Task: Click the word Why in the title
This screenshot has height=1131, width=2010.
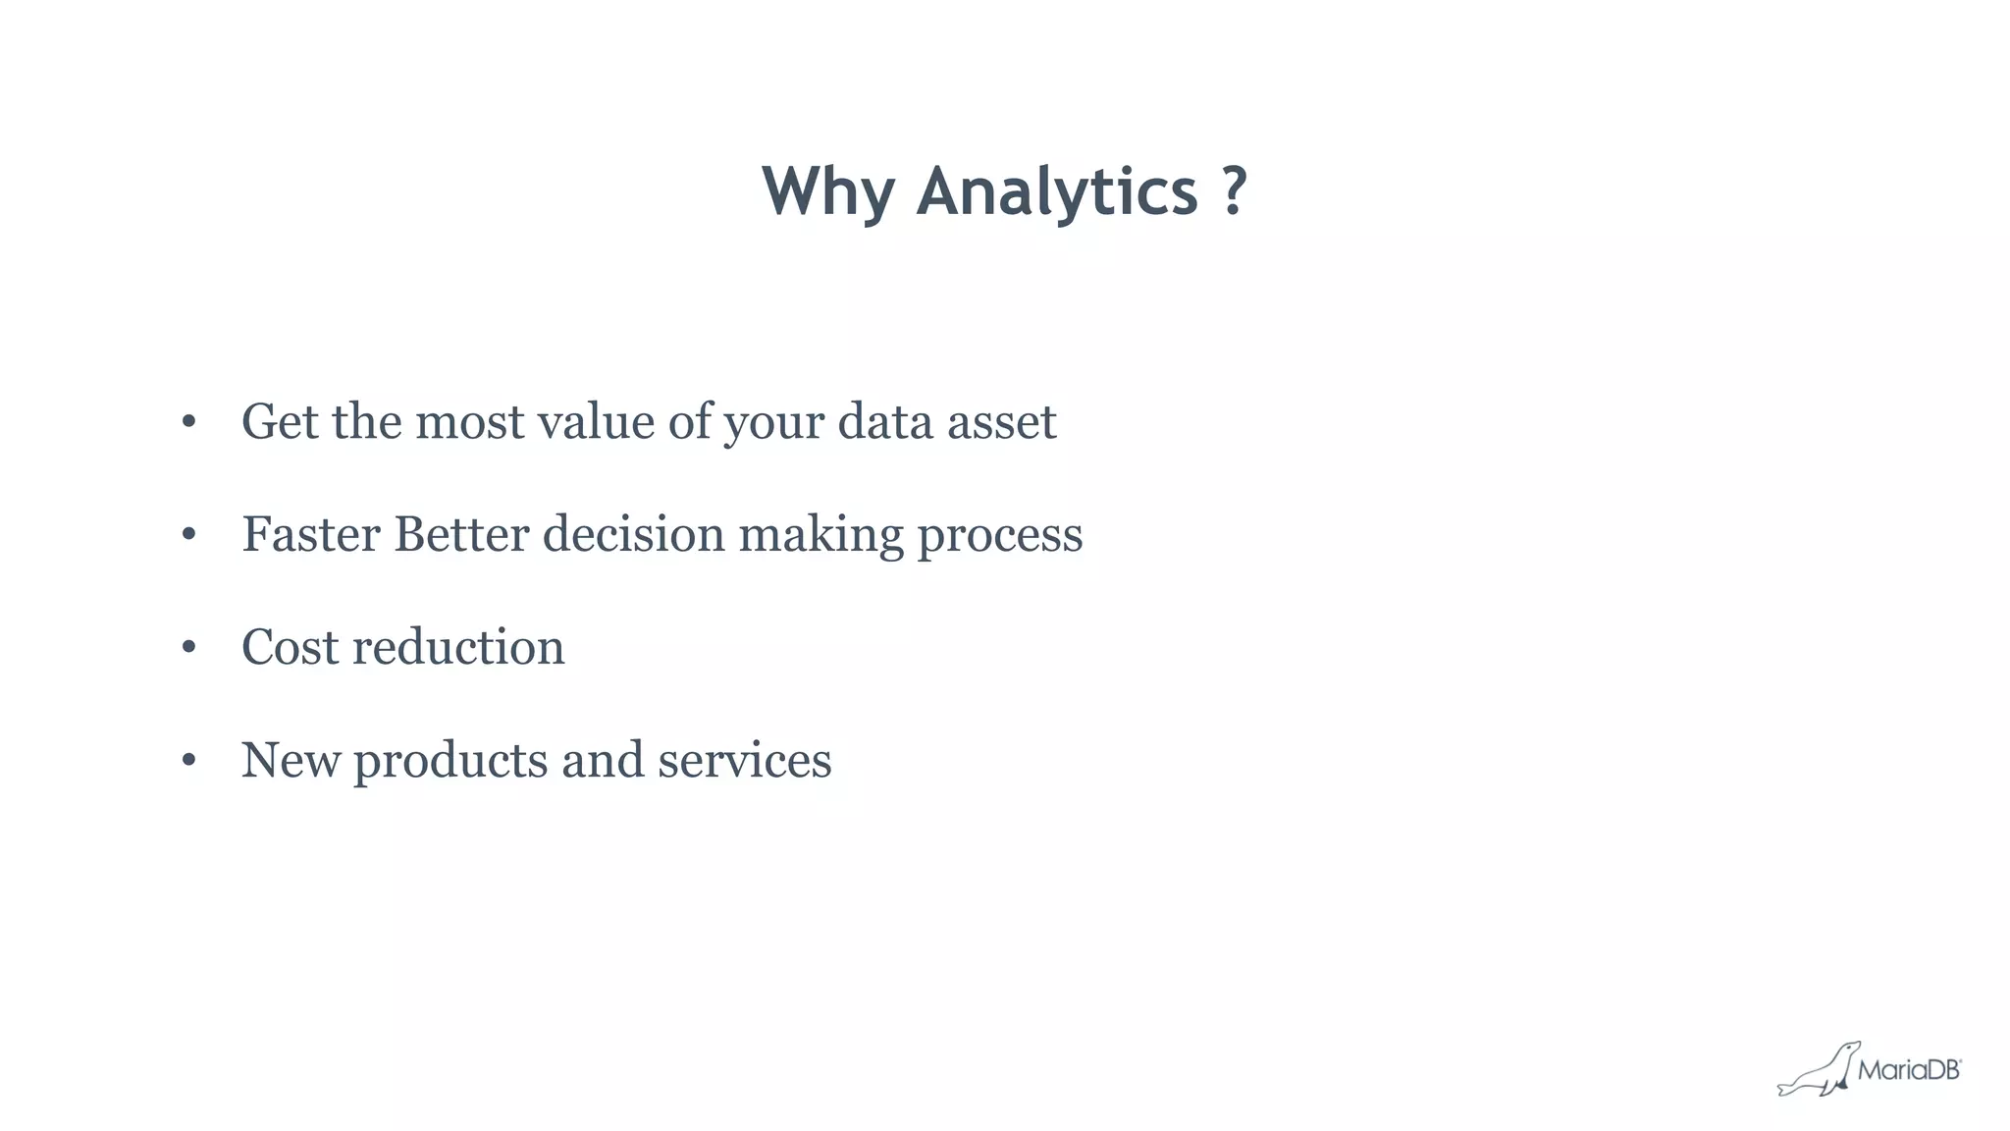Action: (x=828, y=192)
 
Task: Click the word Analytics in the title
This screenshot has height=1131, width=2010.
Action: (x=1056, y=192)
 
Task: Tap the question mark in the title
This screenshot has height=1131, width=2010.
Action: (x=1235, y=190)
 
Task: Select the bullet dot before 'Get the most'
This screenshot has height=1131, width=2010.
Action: (x=189, y=423)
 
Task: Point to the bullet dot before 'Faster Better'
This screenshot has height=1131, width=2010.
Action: (x=189, y=536)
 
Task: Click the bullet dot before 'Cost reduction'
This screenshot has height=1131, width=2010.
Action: (x=189, y=648)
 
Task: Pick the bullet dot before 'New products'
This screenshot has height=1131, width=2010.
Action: (x=189, y=761)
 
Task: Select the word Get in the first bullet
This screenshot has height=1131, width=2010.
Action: (x=280, y=422)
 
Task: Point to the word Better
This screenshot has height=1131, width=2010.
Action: (x=461, y=535)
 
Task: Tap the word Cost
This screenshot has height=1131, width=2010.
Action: (x=290, y=648)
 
